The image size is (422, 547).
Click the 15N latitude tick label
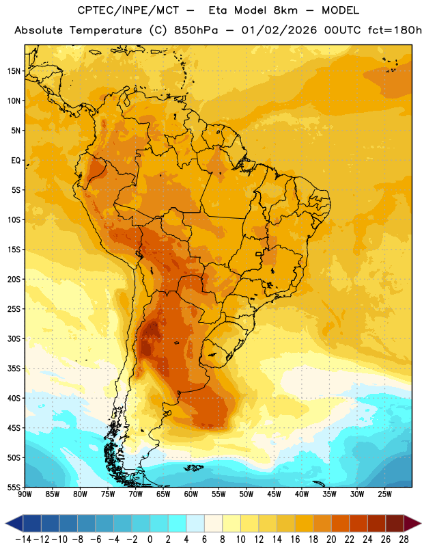[x=14, y=71]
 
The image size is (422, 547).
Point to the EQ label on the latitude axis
[x=16, y=161]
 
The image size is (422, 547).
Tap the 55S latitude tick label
[x=14, y=487]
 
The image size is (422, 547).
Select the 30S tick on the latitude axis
[x=14, y=338]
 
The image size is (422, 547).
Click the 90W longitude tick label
[x=25, y=494]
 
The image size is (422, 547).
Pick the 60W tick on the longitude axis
[x=191, y=494]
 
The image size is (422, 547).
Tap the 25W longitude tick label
[x=384, y=494]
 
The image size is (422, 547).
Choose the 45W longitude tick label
[x=274, y=494]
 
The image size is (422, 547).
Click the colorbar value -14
[x=23, y=539]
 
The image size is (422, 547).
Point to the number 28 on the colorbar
[x=404, y=539]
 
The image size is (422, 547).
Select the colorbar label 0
[x=150, y=539]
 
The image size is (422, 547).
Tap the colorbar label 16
[x=295, y=539]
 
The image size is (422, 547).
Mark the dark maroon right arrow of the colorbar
[x=412, y=523]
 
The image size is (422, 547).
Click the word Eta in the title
[x=218, y=10]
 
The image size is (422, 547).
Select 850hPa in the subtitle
[x=196, y=30]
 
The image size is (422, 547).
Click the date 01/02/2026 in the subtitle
[x=279, y=30]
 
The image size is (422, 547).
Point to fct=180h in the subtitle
[x=395, y=30]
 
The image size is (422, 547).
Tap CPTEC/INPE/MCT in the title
[x=128, y=10]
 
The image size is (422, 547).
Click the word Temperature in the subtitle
[x=106, y=30]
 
